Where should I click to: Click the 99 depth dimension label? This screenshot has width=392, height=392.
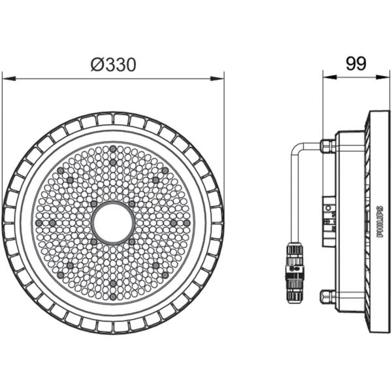355,63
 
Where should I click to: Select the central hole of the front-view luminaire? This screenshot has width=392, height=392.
113,223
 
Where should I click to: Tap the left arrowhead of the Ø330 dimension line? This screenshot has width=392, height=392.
7,78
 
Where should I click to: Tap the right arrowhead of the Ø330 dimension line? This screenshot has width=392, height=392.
220,78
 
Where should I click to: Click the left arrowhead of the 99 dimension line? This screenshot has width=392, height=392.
327,78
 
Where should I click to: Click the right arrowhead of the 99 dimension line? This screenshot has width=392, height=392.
384,78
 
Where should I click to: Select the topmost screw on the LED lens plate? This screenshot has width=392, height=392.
113,148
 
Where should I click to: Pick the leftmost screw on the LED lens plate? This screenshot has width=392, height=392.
38,223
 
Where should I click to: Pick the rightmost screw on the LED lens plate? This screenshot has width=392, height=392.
188,223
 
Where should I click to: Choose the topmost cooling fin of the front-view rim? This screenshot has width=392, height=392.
113,118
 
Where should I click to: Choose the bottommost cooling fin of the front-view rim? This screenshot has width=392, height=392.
113,327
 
